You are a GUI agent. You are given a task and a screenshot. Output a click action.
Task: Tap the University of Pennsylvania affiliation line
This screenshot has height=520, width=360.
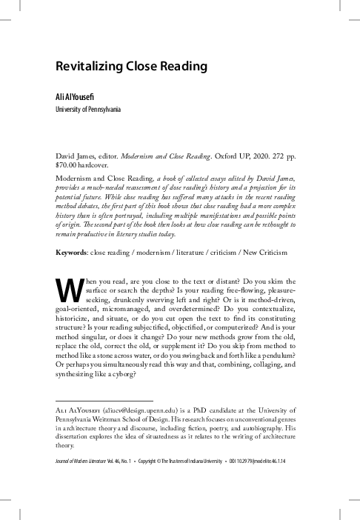pyautogui.click(x=88, y=110)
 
